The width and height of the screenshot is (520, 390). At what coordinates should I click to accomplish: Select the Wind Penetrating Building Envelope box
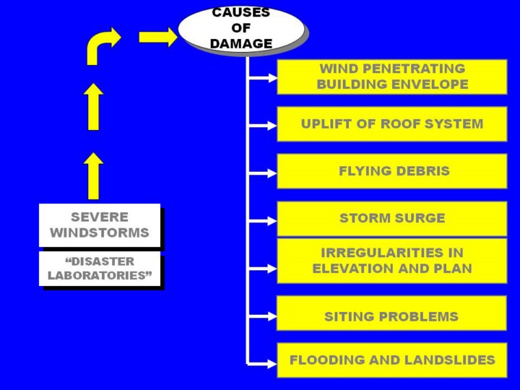coord(392,77)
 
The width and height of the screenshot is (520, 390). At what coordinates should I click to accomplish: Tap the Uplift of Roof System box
coord(392,123)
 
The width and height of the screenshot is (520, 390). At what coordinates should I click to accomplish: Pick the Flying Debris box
coord(392,171)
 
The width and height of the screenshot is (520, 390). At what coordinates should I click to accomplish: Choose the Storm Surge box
coord(392,218)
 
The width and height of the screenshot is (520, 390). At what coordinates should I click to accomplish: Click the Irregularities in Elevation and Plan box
coord(392,261)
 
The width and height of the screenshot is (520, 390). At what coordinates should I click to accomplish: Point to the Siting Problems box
coord(392,316)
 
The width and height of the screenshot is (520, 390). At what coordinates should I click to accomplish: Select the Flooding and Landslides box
coord(392,360)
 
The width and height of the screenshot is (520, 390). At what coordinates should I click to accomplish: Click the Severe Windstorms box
coord(100,225)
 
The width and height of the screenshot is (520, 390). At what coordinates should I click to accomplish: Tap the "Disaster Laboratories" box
coord(100,269)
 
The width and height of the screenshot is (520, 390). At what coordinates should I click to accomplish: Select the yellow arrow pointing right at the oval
coord(157,37)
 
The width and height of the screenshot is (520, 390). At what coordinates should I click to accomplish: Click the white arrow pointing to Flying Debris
coord(263,173)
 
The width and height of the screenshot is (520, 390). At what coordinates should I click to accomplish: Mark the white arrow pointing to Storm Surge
coord(263,220)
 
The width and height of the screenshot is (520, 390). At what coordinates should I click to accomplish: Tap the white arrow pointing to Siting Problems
coord(263,316)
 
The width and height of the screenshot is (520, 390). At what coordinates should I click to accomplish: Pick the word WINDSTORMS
coord(100,233)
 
